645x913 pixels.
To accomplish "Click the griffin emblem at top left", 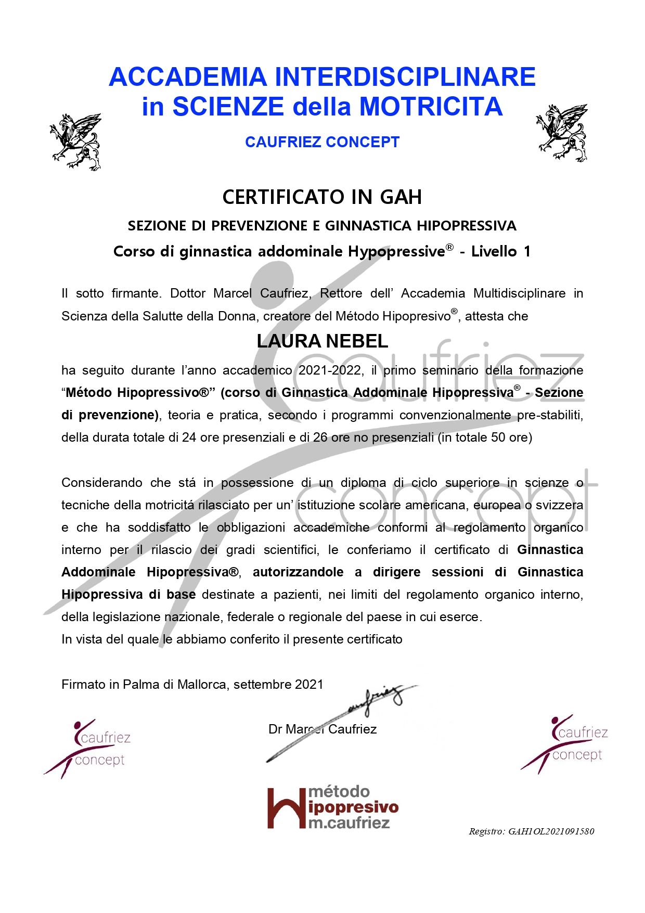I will [x=76, y=142].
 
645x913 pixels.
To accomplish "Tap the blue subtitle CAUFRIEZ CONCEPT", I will [x=322, y=142].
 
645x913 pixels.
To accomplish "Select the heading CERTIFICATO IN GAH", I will [x=322, y=197].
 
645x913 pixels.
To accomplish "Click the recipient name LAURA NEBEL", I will [x=322, y=341].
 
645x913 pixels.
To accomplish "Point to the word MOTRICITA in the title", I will [x=431, y=107].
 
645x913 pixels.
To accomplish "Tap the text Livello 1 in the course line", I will [x=501, y=252].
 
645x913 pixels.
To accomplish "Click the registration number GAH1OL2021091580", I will [x=551, y=831].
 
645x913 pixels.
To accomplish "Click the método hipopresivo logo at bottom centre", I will [x=333, y=808].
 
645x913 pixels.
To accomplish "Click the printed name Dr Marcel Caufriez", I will [x=322, y=729].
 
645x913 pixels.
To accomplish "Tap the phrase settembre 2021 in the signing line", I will [x=278, y=685].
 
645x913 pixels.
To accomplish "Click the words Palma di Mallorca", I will [x=175, y=685].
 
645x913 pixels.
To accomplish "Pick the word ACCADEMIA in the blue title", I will [x=188, y=77].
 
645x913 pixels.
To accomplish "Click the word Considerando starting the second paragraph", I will [x=102, y=483].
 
